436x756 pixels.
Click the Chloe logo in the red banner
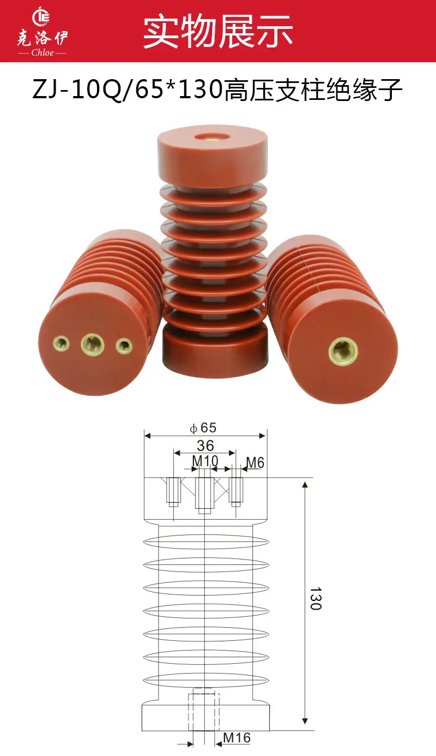(43, 32)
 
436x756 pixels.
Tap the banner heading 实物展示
(218, 31)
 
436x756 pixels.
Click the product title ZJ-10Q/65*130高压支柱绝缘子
(217, 90)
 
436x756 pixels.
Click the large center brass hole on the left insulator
(93, 344)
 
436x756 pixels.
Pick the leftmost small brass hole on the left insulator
(62, 344)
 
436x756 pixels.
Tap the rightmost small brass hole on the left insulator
(124, 346)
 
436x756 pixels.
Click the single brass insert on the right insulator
(343, 352)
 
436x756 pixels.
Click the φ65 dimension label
(203, 428)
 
